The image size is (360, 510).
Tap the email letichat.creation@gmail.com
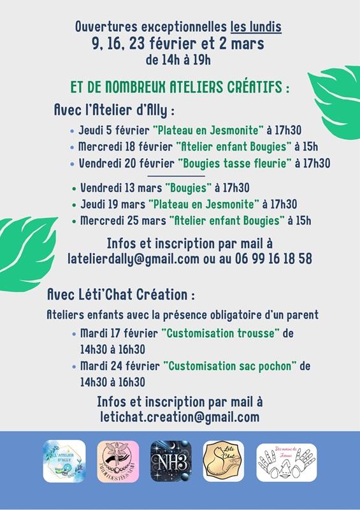tap(180, 417)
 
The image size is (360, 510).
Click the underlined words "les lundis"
tap(256, 27)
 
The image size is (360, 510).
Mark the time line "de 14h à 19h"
tap(178, 61)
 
